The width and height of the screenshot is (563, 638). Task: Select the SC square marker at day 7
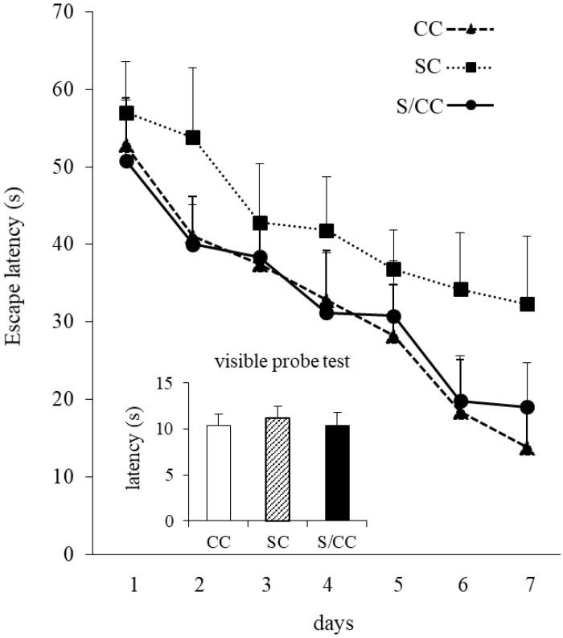(x=527, y=304)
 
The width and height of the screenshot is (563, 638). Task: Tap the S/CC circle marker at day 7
(x=527, y=407)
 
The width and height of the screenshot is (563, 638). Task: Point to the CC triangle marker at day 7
(x=527, y=448)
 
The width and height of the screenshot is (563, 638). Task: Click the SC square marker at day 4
(x=327, y=231)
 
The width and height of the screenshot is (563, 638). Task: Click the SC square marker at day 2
(x=193, y=138)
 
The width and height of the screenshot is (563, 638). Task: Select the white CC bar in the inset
(x=219, y=472)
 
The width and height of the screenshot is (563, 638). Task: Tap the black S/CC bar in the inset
(x=337, y=472)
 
